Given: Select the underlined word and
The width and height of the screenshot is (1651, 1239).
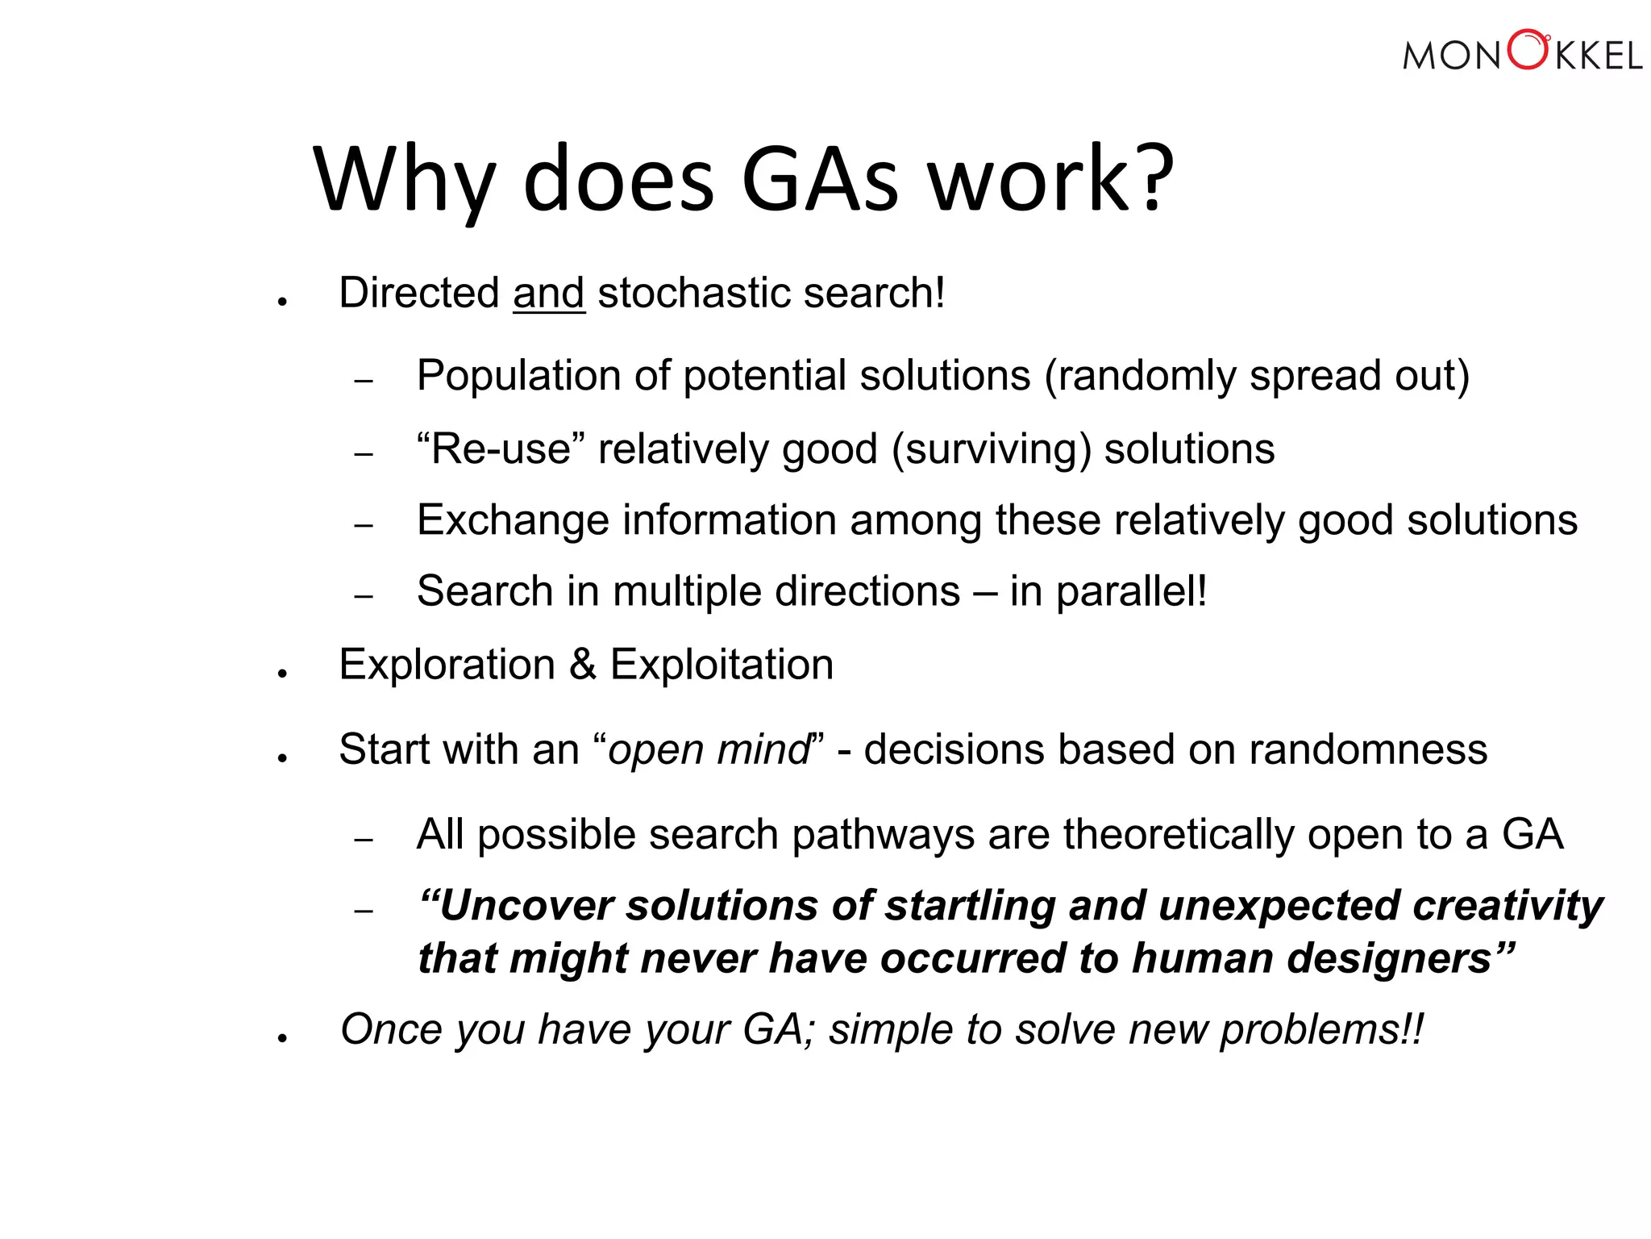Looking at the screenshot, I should click(x=548, y=293).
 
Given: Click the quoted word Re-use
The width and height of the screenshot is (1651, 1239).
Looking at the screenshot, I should click(x=501, y=448).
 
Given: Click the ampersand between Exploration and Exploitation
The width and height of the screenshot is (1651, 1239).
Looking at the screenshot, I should click(x=582, y=665).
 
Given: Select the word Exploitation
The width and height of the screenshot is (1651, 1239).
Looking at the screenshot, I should click(x=722, y=665).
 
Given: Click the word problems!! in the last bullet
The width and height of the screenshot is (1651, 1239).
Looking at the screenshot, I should click(x=1321, y=1030).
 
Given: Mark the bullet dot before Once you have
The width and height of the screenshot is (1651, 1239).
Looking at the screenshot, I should click(x=282, y=1039).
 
